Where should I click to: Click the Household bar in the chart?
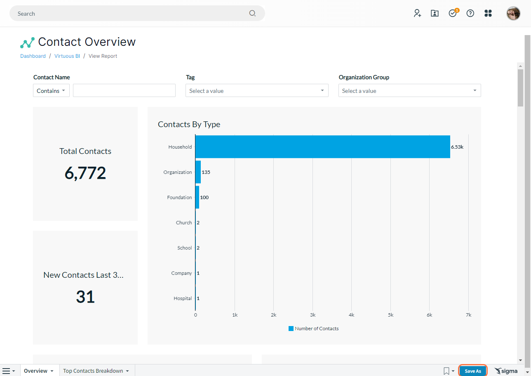tap(323, 147)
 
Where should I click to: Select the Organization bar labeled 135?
tap(198, 172)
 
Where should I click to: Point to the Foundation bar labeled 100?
tap(197, 197)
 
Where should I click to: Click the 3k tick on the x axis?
tap(312, 315)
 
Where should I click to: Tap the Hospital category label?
tap(183, 298)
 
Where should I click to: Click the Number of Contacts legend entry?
tap(313, 328)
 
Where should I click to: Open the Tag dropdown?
tap(257, 90)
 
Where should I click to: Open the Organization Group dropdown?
tap(409, 90)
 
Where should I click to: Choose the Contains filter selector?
tap(51, 90)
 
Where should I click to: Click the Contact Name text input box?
tap(124, 90)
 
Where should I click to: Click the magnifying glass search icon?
tap(252, 13)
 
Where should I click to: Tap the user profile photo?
tap(513, 13)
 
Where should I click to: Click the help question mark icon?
tap(470, 13)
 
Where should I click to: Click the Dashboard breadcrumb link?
tap(33, 56)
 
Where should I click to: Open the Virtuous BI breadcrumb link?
tap(67, 56)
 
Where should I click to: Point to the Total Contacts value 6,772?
tap(85, 173)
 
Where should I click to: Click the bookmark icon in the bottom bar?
tap(446, 371)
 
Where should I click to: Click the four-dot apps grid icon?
tap(488, 13)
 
